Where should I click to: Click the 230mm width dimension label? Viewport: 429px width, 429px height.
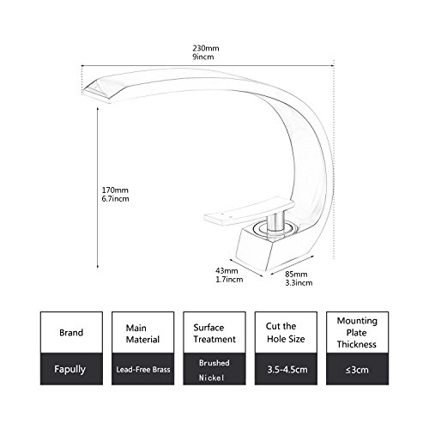(206, 48)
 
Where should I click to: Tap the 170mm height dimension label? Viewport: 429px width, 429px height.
(115, 190)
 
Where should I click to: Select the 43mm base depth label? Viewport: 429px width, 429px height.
(227, 270)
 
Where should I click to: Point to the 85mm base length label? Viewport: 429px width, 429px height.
(296, 274)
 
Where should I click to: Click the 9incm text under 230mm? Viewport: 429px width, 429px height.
(203, 57)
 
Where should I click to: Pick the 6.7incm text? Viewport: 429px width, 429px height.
(115, 198)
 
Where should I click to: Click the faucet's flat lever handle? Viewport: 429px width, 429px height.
(249, 211)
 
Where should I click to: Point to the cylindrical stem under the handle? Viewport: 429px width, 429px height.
(275, 221)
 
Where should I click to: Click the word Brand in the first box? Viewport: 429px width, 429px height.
(71, 333)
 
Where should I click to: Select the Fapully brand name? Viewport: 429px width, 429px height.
(70, 369)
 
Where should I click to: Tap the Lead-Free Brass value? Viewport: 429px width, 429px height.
(143, 370)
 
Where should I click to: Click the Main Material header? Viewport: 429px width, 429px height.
(142, 334)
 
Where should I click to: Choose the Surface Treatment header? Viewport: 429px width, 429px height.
(214, 333)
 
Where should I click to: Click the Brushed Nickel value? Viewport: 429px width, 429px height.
(214, 370)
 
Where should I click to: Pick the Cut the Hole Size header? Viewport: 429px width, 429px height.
(286, 333)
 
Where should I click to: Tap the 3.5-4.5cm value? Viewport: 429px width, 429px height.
(287, 370)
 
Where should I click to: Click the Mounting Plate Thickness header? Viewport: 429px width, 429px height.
(357, 333)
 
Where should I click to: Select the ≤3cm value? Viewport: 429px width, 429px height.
(357, 370)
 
